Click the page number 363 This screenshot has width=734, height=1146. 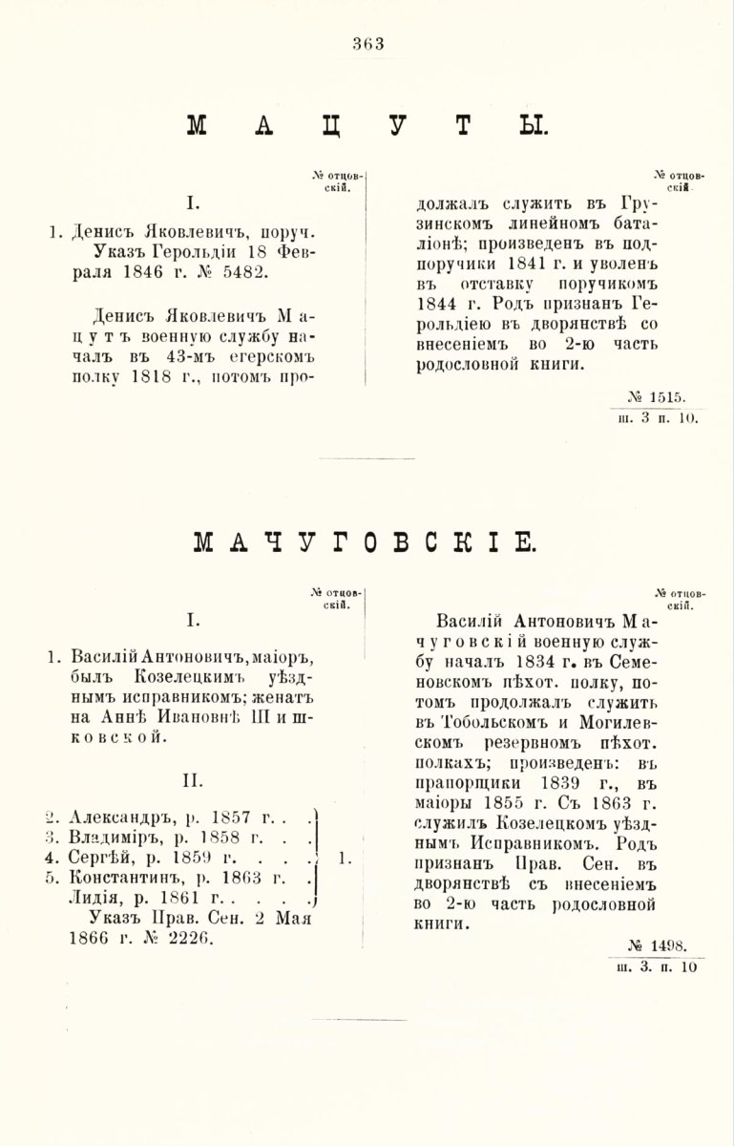tap(367, 42)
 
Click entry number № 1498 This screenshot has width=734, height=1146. tap(663, 945)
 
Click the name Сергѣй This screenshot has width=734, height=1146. tap(99, 858)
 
